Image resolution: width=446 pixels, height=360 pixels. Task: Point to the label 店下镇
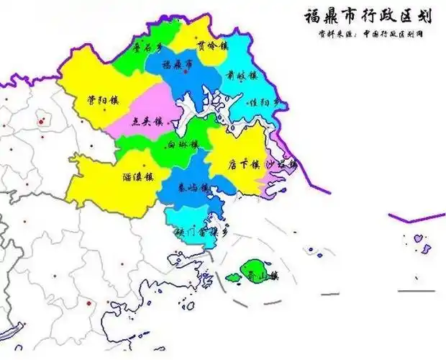(242, 163)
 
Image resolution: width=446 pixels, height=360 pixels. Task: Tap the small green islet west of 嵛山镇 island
(232, 276)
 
